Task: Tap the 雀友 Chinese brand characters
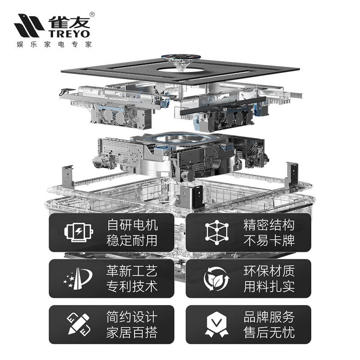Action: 67,21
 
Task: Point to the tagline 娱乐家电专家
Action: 54,45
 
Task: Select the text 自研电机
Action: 132,225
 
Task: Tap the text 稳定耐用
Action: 132,240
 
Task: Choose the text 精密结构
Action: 269,225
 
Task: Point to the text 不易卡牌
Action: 269,240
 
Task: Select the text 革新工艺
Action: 132,271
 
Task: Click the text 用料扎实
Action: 269,287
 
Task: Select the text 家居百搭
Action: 132,333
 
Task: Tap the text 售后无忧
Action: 269,333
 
